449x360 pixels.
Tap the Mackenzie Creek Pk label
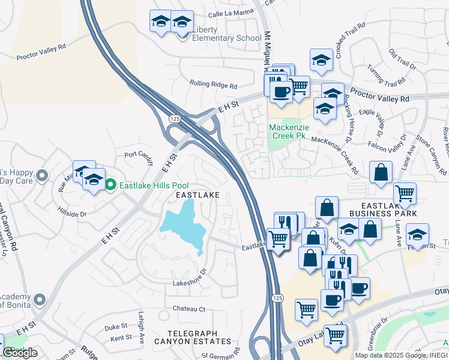(288, 131)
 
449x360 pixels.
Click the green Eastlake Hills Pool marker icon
(110, 184)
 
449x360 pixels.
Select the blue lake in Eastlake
(186, 226)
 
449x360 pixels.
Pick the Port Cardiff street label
(139, 154)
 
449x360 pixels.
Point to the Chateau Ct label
(189, 309)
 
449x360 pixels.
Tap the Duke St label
(117, 328)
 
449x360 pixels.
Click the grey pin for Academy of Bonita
(40, 299)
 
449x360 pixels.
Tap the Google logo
(20, 353)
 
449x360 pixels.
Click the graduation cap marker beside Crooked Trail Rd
(321, 59)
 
